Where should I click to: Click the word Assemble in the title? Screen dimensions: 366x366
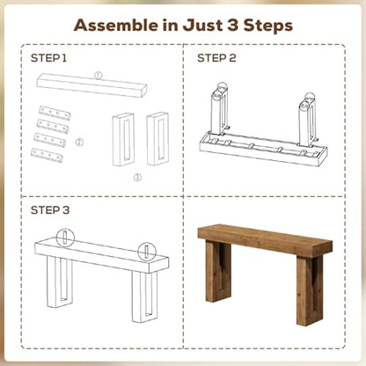point(117,25)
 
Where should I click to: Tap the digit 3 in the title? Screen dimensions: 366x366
point(232,25)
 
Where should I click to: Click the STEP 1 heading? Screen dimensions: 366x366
point(48,58)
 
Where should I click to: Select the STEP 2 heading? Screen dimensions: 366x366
point(216,58)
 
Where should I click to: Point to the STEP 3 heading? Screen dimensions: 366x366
point(50,210)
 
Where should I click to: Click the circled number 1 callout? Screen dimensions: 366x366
point(99,76)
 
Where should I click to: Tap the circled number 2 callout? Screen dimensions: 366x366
point(79,143)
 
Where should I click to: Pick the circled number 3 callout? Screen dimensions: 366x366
point(137,177)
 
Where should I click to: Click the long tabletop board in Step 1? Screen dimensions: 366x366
point(91,85)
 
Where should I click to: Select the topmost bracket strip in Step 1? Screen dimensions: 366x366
point(55,113)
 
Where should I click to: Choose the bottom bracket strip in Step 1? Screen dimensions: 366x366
point(47,155)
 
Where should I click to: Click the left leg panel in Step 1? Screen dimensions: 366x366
point(123,139)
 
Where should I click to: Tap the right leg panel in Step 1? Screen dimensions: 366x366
point(157,138)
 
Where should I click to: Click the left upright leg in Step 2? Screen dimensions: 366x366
point(219,113)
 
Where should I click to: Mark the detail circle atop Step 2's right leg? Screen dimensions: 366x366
point(310,98)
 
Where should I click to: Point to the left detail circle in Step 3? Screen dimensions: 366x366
point(65,237)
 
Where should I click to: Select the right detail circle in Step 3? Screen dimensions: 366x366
point(147,252)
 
